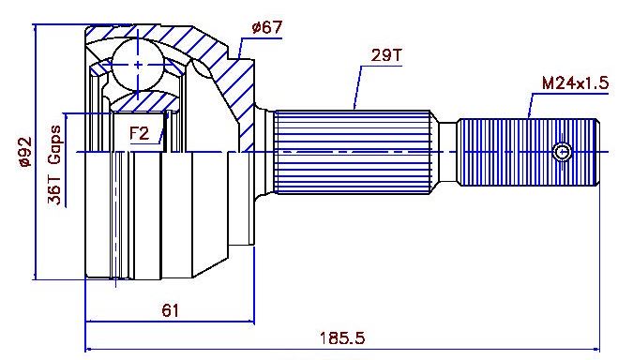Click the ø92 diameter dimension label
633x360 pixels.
[x=24, y=152]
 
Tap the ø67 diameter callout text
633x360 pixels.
[x=266, y=27]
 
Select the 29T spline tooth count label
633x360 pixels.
[x=386, y=55]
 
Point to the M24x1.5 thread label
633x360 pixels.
[x=575, y=83]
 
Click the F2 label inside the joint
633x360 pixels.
[x=140, y=133]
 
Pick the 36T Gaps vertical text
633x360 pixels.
[x=54, y=165]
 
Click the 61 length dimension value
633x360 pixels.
[x=170, y=310]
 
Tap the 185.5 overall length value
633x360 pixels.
[x=342, y=337]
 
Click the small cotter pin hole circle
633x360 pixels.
[x=562, y=152]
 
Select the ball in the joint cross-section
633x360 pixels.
[x=138, y=65]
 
